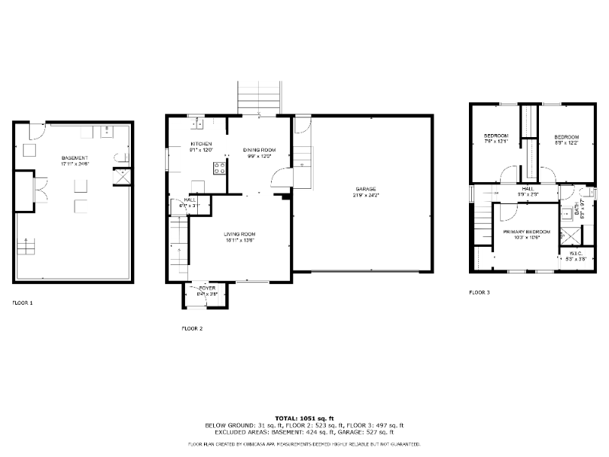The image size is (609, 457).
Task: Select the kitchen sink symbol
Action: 196,122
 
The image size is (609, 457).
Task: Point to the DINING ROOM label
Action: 259,149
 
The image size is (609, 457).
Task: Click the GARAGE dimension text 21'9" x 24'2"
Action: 365,195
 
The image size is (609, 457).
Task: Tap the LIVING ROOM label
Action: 239,234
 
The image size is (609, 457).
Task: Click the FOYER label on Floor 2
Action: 206,288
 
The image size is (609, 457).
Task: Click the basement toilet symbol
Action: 118,158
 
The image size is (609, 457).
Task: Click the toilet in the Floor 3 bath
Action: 585,191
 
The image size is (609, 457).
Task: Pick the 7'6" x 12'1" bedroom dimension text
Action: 496,141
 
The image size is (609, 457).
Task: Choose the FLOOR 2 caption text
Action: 192,328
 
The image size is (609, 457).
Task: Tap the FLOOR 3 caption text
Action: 480,292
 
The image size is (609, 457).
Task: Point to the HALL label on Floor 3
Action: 528,189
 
